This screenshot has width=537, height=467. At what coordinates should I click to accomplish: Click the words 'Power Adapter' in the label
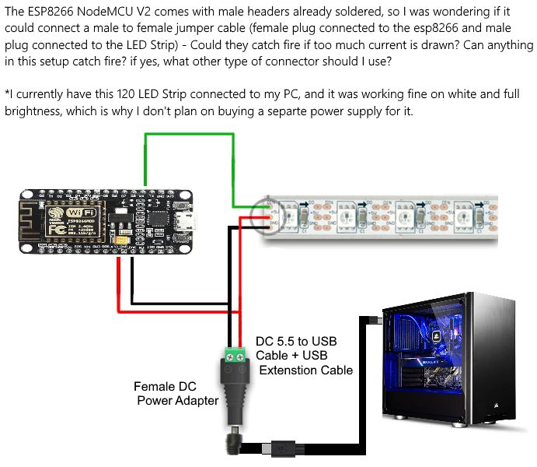click(178, 401)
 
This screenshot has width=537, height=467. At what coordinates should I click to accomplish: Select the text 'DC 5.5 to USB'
click(295, 342)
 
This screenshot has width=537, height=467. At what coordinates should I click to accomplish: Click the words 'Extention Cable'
click(306, 370)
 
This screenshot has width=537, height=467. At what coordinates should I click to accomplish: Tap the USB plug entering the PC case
click(373, 319)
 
